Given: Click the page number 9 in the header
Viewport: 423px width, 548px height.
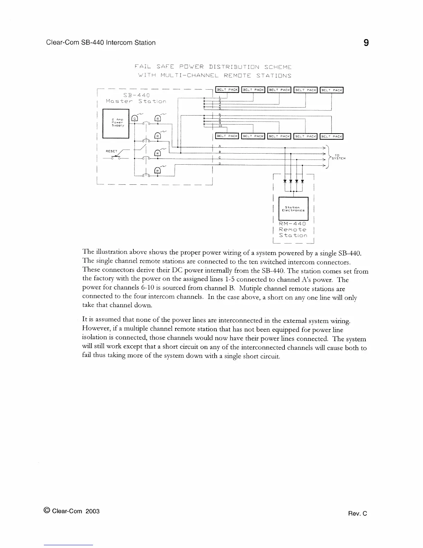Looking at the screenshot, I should (366, 43).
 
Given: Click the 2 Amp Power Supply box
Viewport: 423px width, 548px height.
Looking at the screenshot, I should (116, 123).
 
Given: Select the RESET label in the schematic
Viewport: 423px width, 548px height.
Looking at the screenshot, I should (112, 151).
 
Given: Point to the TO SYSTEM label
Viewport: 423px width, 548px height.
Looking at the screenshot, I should (338, 157).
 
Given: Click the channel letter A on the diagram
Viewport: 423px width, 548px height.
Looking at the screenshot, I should (220, 146).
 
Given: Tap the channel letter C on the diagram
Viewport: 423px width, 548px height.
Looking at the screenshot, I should (220, 158).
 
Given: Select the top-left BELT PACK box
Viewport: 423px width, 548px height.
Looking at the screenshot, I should (227, 90).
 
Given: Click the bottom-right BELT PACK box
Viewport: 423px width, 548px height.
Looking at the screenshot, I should (331, 136).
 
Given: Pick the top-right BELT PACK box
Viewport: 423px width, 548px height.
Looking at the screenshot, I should (331, 90).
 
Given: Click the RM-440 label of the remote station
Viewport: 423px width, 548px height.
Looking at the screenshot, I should (292, 223).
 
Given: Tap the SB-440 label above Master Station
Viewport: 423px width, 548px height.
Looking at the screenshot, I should (137, 95).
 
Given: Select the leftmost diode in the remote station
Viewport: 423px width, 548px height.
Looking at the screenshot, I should (285, 181).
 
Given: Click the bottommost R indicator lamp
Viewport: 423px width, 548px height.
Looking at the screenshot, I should (158, 171).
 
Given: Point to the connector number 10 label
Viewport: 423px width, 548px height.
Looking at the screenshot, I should (220, 126).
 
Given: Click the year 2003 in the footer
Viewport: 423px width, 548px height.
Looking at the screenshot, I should (92, 511).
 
